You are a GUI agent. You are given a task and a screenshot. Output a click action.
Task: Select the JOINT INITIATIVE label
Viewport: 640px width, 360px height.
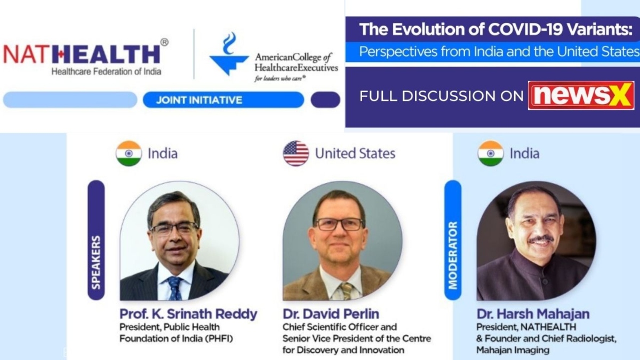point(199,100)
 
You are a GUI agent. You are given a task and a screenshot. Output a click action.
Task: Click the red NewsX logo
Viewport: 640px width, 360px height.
point(581,95)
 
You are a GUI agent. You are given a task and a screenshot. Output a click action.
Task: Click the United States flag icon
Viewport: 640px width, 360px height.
point(295,154)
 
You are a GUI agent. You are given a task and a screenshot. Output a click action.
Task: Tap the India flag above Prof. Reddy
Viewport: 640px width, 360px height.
point(129,154)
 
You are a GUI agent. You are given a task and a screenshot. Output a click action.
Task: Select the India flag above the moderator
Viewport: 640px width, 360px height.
point(491,154)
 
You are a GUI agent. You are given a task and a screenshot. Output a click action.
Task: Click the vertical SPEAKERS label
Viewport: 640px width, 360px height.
point(96,262)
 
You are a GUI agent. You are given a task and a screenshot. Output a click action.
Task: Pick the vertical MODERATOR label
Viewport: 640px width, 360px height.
point(453,255)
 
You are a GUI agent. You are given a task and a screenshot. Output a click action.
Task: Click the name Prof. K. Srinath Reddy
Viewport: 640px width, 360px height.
point(188,314)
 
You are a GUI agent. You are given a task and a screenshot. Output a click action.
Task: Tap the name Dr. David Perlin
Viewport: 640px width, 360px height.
point(331,314)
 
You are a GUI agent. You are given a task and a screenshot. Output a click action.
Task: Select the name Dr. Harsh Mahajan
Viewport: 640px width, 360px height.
point(533,314)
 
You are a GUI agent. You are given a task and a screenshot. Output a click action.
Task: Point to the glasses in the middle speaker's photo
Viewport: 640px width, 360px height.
point(339,224)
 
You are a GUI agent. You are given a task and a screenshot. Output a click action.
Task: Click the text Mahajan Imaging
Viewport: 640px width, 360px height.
point(513,350)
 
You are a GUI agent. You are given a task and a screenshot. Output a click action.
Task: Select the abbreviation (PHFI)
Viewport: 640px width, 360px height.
point(219,339)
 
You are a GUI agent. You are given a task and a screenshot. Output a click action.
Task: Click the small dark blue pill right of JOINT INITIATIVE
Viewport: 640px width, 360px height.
point(325,100)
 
